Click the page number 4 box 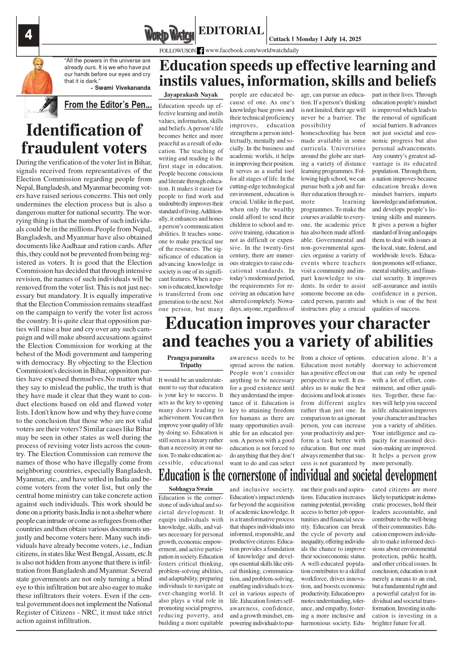(28, 35)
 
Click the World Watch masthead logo (169, 34)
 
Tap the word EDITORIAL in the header (231, 31)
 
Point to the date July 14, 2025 (343, 39)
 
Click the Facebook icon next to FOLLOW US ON (200, 51)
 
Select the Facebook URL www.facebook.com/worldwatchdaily (252, 50)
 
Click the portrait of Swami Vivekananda (37, 76)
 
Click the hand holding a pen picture (41, 107)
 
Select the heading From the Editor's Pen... (108, 105)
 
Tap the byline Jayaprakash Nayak (191, 95)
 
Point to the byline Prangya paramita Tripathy (191, 361)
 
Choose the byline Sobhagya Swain (191, 489)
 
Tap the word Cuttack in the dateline (279, 39)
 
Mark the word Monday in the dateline (307, 39)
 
